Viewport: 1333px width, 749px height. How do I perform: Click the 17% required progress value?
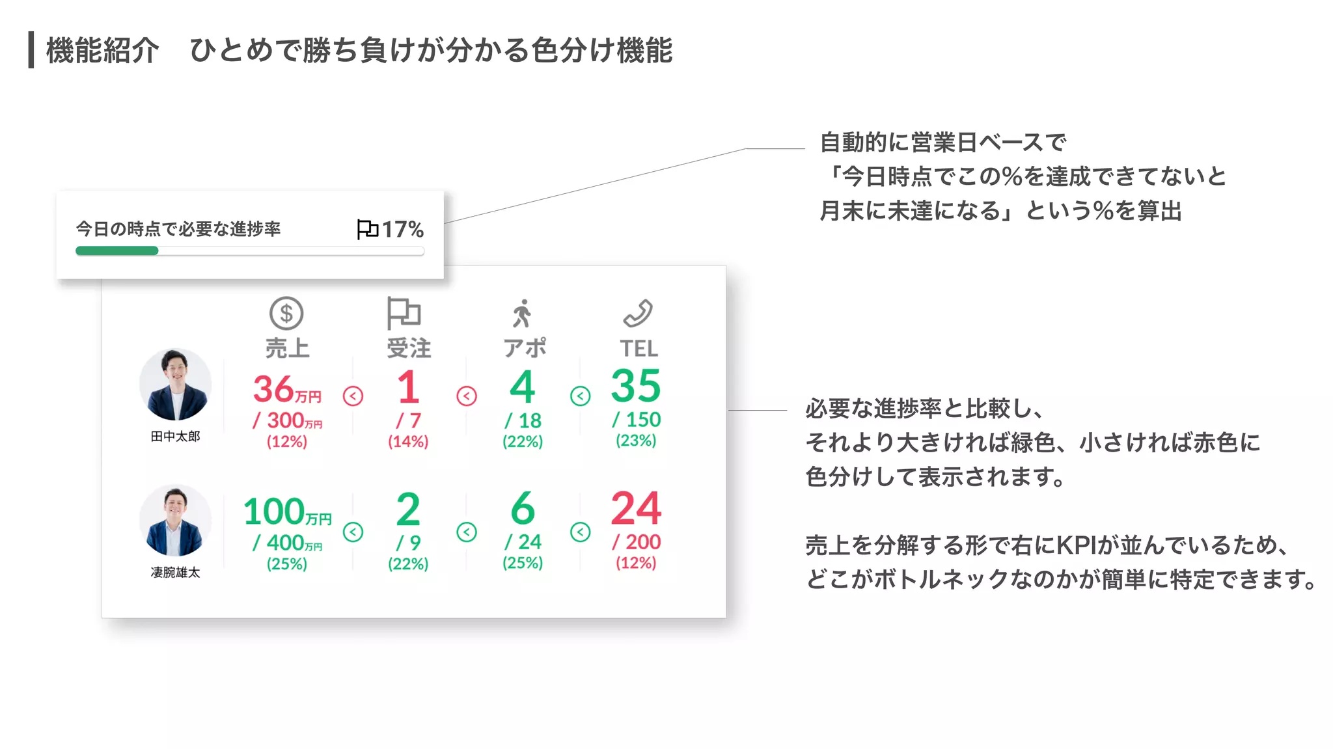click(402, 229)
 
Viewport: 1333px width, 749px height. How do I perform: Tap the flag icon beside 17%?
click(367, 229)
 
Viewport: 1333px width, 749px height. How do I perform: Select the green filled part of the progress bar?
click(117, 251)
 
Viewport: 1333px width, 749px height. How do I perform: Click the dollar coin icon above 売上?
click(286, 314)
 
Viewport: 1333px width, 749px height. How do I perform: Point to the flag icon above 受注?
click(404, 313)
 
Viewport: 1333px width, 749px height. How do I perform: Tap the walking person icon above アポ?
click(522, 314)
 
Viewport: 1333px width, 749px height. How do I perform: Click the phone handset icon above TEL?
click(638, 313)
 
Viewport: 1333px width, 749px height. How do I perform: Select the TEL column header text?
click(639, 349)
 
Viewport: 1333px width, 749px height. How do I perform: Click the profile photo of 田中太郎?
click(175, 385)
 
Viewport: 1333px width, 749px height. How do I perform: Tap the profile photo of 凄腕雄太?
click(175, 521)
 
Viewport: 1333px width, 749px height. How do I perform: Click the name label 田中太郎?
click(175, 436)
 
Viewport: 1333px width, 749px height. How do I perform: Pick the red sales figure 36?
click(273, 389)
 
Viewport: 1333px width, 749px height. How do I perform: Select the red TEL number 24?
click(636, 508)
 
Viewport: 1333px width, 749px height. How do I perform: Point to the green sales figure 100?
click(274, 511)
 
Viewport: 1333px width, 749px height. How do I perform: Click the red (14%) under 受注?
click(408, 441)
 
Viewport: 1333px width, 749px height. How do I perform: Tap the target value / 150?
click(637, 420)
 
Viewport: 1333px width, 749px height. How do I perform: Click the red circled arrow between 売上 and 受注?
click(353, 396)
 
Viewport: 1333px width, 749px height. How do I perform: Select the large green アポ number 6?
click(523, 508)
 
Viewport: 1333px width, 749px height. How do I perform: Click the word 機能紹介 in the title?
click(102, 51)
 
